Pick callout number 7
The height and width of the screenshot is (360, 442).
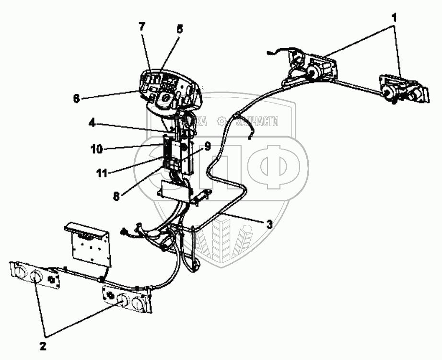point(142,26)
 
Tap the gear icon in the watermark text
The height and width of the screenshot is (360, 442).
point(221,121)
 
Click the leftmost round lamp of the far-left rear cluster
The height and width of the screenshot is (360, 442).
point(19,270)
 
